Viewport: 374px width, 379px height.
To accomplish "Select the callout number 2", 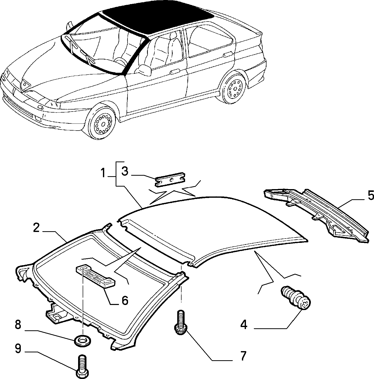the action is pyautogui.click(x=36, y=228).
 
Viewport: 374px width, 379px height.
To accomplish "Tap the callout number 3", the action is pyautogui.click(x=125, y=171).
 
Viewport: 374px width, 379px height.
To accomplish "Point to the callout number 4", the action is pyautogui.click(x=244, y=325).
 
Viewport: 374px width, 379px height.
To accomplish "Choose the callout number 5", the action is pyautogui.click(x=370, y=196).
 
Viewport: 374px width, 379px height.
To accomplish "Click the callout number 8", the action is pyautogui.click(x=18, y=325).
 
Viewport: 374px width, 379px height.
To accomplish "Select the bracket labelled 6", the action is pyautogui.click(x=96, y=276).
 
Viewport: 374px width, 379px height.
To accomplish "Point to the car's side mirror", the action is pyautogui.click(x=144, y=70).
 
